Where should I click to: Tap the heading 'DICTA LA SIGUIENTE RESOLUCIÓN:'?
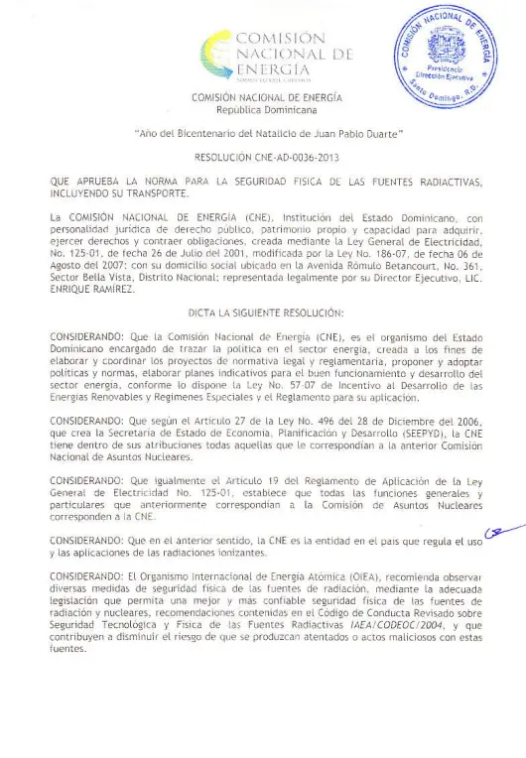264,313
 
